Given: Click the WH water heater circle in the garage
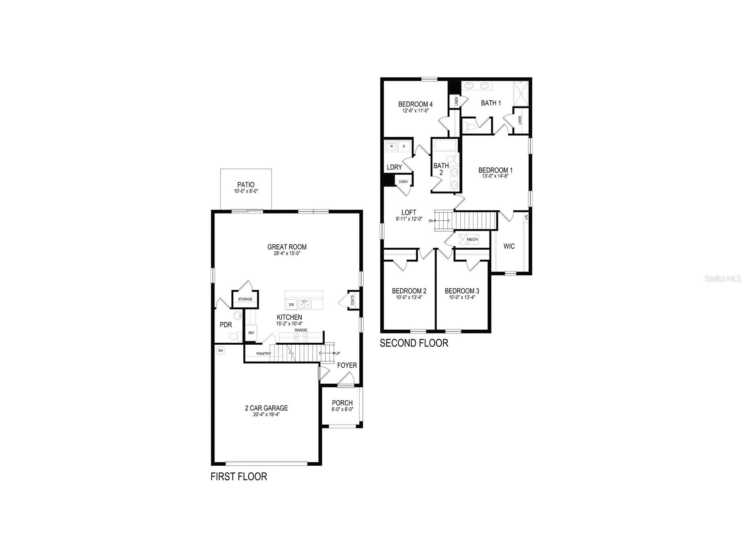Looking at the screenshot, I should (x=220, y=351).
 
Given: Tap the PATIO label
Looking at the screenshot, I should (x=246, y=185).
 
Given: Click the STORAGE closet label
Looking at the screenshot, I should (x=245, y=299).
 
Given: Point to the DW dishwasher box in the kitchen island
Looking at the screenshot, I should (x=291, y=304).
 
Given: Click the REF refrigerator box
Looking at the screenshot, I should (x=251, y=333).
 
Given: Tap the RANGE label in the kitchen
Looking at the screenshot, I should (x=301, y=330).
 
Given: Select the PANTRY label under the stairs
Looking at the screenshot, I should (x=264, y=354).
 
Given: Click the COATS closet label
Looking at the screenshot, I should (x=352, y=300).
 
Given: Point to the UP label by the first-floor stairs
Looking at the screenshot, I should (x=338, y=354).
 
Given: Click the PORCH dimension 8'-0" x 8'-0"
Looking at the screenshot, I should (x=342, y=409).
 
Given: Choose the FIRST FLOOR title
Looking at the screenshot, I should (x=239, y=477).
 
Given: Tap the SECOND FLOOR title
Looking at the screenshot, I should (x=414, y=343).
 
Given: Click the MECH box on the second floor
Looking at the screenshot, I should (x=472, y=240).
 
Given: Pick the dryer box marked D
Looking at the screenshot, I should (x=404, y=147).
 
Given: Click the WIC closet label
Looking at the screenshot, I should (x=509, y=246).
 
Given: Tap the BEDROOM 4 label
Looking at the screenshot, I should (x=416, y=104).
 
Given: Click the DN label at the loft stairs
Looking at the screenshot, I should (x=431, y=221).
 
